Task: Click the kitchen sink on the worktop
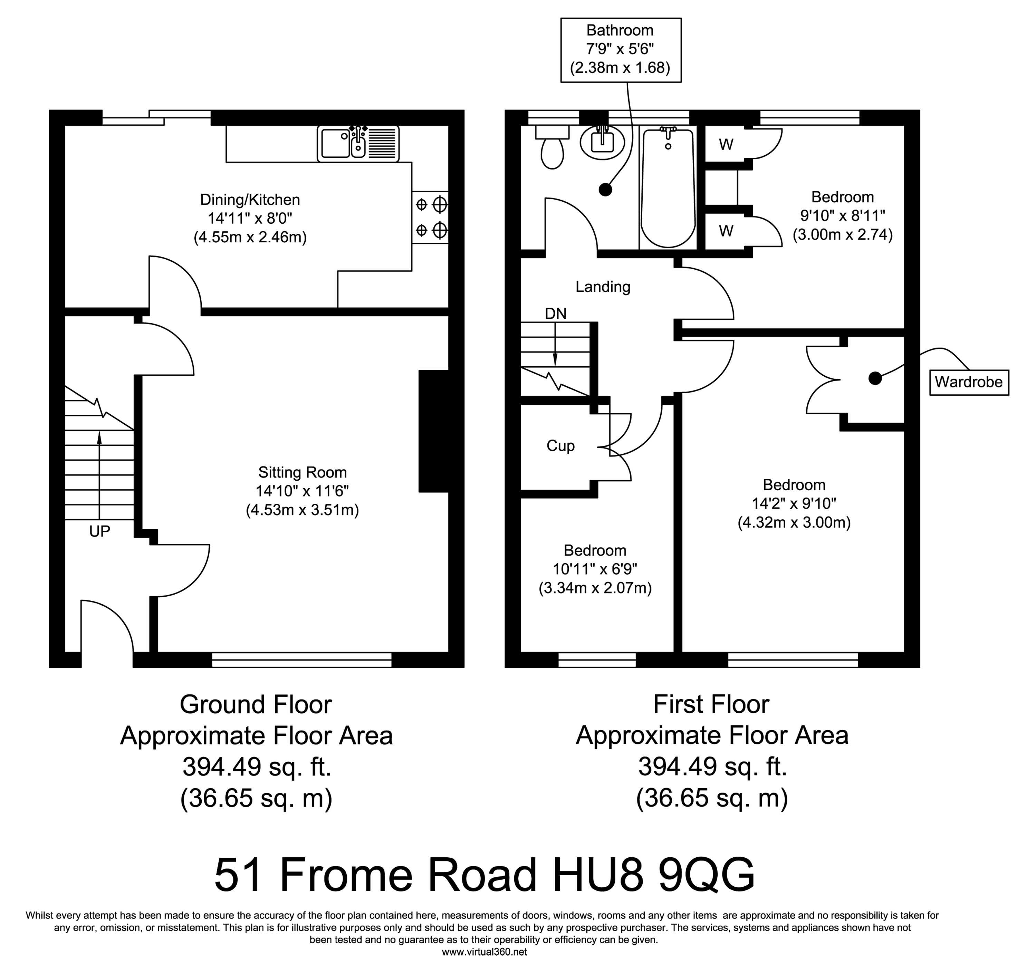click(358, 143)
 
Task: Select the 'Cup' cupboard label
click(561, 446)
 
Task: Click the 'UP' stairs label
click(99, 531)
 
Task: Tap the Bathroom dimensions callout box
click(621, 50)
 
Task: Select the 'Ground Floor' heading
click(256, 705)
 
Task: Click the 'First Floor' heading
click(711, 705)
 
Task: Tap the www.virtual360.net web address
click(485, 952)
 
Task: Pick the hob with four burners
click(430, 217)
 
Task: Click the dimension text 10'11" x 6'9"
click(595, 569)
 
